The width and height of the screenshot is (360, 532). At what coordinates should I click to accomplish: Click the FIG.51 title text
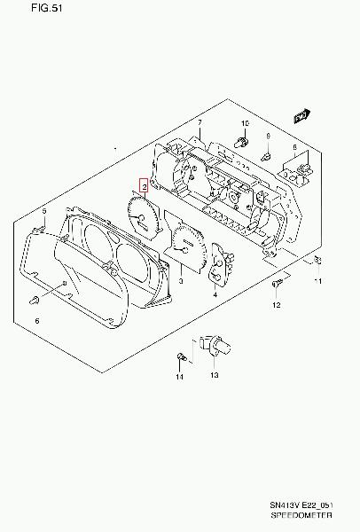tap(47, 8)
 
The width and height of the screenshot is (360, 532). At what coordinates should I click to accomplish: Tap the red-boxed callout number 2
tap(145, 185)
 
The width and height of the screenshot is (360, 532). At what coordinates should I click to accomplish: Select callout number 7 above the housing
tap(200, 122)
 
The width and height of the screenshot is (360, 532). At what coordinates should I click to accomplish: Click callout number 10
tap(245, 123)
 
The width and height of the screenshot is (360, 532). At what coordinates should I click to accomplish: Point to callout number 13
tap(215, 375)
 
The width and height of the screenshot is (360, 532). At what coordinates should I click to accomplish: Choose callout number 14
tap(179, 377)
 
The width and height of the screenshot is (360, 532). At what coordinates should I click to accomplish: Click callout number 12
tap(277, 305)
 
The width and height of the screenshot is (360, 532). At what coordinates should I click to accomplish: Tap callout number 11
tap(318, 281)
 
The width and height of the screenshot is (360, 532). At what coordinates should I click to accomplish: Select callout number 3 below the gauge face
tap(181, 281)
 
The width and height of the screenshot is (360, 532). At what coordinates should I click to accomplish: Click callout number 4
tap(215, 295)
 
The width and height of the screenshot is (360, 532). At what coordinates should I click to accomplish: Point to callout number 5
tap(44, 211)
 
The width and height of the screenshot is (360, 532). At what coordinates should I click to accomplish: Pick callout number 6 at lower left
tap(37, 321)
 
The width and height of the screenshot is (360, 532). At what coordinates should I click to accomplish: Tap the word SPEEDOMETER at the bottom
tap(301, 515)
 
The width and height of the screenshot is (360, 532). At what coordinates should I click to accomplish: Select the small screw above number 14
tap(181, 356)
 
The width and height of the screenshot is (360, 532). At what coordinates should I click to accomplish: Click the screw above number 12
tap(277, 283)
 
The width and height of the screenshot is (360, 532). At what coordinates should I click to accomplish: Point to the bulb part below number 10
tap(241, 142)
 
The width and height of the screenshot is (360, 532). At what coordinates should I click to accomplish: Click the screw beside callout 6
tap(34, 300)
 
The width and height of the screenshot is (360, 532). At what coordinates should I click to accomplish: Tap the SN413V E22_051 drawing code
tap(301, 505)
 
